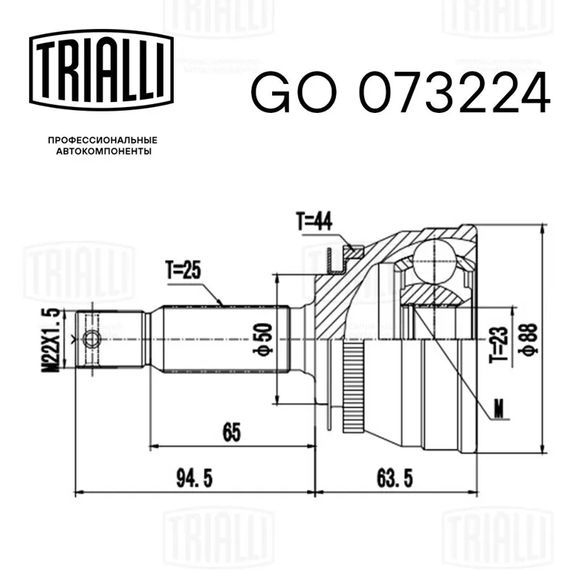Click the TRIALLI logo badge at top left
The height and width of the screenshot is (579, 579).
click(101, 70)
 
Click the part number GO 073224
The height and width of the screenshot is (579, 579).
click(401, 93)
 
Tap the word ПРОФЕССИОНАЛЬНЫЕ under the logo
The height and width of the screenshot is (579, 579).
click(103, 140)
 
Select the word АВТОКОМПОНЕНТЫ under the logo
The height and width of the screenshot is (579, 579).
click(103, 151)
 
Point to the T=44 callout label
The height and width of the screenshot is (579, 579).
click(314, 221)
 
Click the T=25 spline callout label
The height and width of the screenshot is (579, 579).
click(183, 270)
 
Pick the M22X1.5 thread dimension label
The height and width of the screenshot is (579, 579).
click(50, 340)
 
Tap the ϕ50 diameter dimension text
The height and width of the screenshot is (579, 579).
click(263, 339)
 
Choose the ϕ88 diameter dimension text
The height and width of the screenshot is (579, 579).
click(528, 339)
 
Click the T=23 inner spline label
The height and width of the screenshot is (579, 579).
click(499, 345)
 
